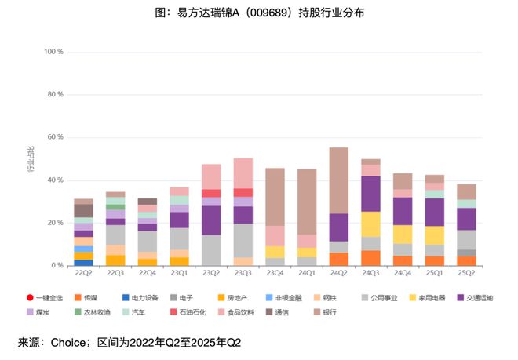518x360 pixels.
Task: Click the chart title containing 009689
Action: pyautogui.click(x=259, y=13)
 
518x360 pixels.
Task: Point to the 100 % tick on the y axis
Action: pyautogui.click(x=54, y=52)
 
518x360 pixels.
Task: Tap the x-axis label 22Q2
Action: pyautogui.click(x=83, y=273)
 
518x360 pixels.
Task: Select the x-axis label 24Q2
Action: pyautogui.click(x=339, y=273)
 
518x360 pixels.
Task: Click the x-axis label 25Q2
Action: pyautogui.click(x=466, y=273)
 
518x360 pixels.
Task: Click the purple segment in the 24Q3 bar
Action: pyautogui.click(x=371, y=194)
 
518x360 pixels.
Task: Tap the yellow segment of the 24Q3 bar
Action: pyautogui.click(x=371, y=224)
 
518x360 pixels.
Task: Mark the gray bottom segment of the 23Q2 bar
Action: pyautogui.click(x=211, y=250)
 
